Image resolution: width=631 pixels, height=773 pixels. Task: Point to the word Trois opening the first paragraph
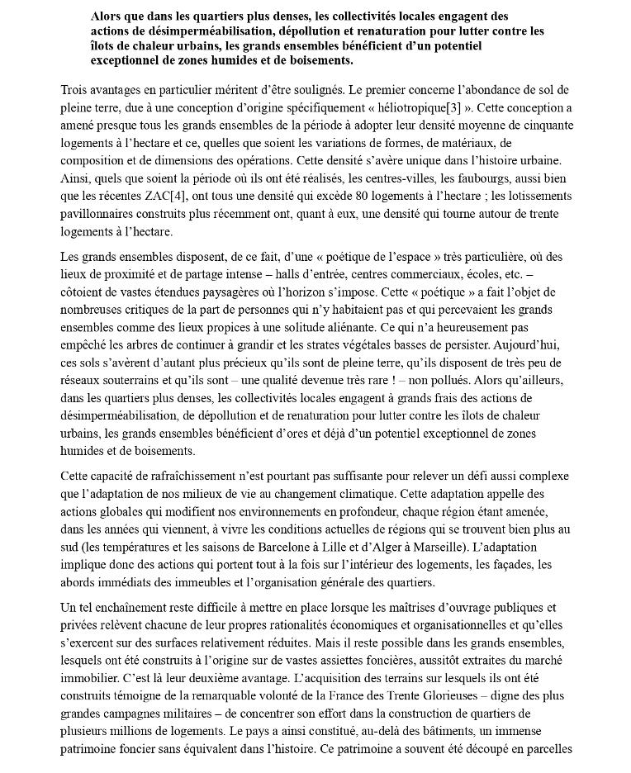pos(78,89)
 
